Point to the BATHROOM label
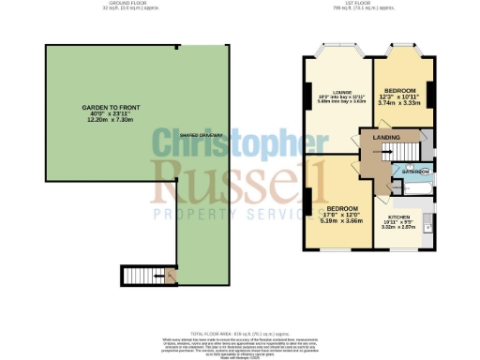pos(415,172)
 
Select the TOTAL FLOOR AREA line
pos(240,333)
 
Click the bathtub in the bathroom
pos(413,187)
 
